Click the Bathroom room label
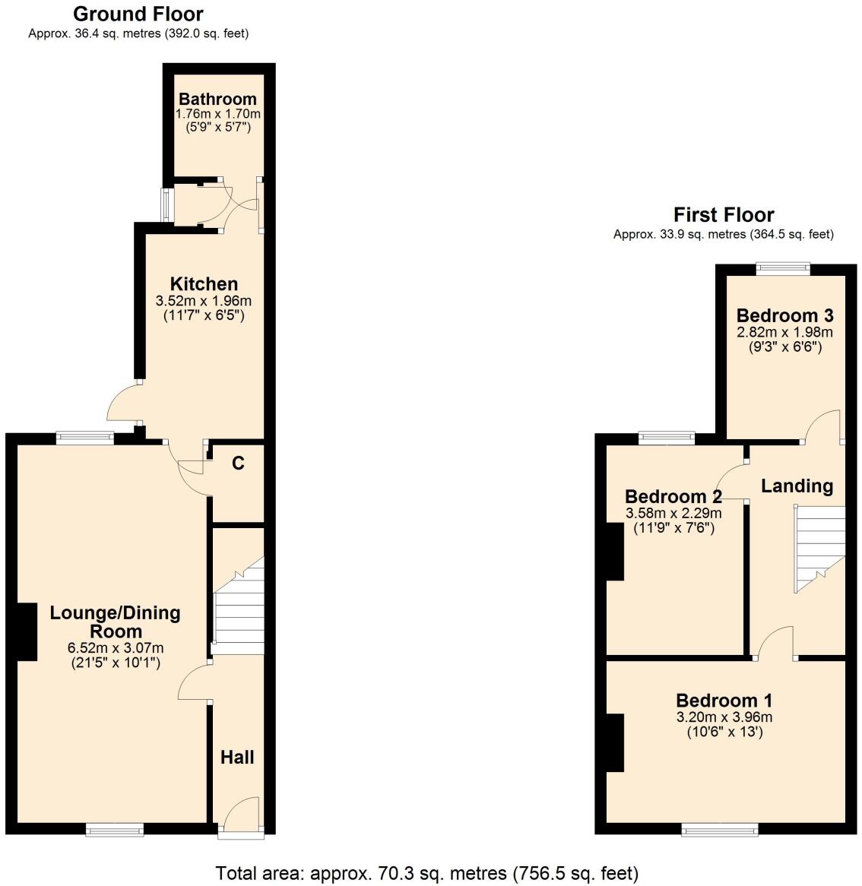(x=217, y=99)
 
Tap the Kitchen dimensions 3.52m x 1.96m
(x=203, y=301)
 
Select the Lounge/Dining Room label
(x=115, y=622)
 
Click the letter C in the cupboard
(x=238, y=463)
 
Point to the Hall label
(x=237, y=757)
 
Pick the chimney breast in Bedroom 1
(x=615, y=742)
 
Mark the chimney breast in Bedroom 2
(x=615, y=552)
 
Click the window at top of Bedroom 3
(x=783, y=267)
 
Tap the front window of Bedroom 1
(x=720, y=830)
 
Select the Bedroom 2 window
(x=667, y=437)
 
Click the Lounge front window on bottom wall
(x=115, y=830)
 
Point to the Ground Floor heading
(x=138, y=14)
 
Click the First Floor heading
(x=724, y=215)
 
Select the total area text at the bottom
(x=427, y=873)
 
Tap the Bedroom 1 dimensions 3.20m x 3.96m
(x=724, y=717)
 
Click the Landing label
(x=797, y=486)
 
